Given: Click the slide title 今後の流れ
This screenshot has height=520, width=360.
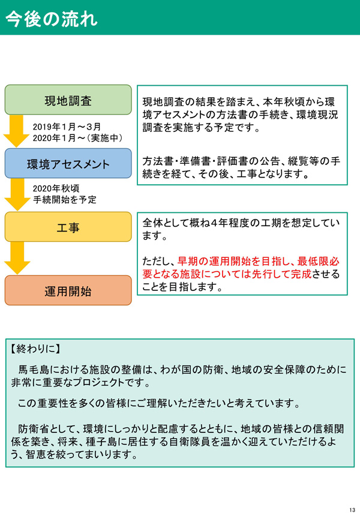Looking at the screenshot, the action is [x=52, y=19].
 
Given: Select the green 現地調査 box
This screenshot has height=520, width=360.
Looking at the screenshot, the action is [x=68, y=100].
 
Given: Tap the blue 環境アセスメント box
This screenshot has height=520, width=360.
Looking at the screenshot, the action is [x=68, y=163].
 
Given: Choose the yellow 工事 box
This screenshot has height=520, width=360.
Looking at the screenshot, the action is [x=68, y=227].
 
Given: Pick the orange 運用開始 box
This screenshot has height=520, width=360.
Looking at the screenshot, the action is [x=68, y=290].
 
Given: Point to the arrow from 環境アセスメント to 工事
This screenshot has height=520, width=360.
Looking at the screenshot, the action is [x=17, y=194].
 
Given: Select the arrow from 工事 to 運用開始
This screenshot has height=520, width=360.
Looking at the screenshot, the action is [x=17, y=258].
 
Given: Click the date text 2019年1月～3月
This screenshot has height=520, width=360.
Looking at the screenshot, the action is [x=67, y=127].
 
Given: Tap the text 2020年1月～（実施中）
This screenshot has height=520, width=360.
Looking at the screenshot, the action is [x=77, y=138].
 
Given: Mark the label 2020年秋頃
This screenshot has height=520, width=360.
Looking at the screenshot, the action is [x=56, y=188].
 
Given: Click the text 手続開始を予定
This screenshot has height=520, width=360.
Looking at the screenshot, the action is [x=65, y=200].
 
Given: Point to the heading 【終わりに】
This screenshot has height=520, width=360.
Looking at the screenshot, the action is [x=35, y=348].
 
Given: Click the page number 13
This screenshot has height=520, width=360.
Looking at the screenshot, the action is [x=352, y=510].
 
